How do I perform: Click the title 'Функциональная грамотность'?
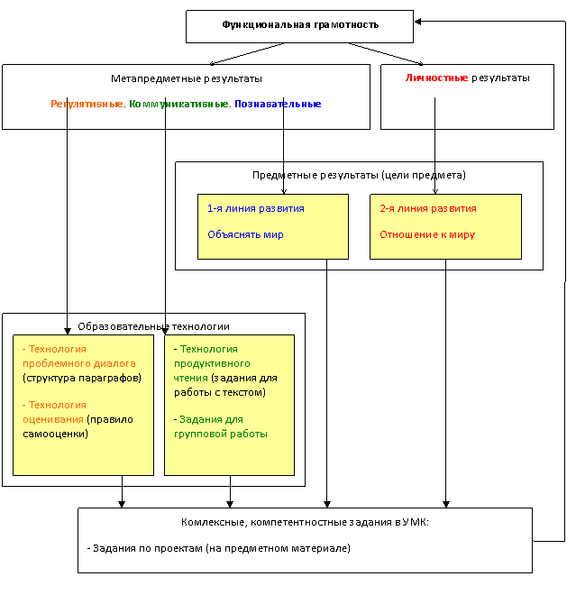click(x=300, y=25)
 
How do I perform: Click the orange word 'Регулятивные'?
click(x=87, y=104)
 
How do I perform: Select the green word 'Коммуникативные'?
click(x=178, y=104)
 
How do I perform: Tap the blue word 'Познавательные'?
click(x=278, y=104)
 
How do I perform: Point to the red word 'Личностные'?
click(x=436, y=78)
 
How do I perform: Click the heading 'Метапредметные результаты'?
click(x=187, y=79)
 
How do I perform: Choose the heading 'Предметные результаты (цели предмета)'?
click(x=359, y=175)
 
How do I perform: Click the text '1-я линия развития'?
click(x=256, y=208)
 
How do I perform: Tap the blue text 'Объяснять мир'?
click(x=245, y=234)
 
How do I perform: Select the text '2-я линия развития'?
click(x=428, y=208)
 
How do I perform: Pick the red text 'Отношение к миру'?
click(x=427, y=234)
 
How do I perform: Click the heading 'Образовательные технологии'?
click(x=153, y=326)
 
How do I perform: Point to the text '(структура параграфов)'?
click(x=82, y=378)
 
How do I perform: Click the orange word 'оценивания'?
click(x=53, y=419)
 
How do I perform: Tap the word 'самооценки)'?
click(x=55, y=434)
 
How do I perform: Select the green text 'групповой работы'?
click(x=221, y=434)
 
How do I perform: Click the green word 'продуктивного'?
click(x=212, y=363)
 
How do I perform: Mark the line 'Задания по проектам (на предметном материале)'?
click(x=219, y=548)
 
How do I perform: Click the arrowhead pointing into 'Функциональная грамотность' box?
click(x=417, y=22)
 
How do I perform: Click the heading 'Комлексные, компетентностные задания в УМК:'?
click(x=305, y=522)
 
